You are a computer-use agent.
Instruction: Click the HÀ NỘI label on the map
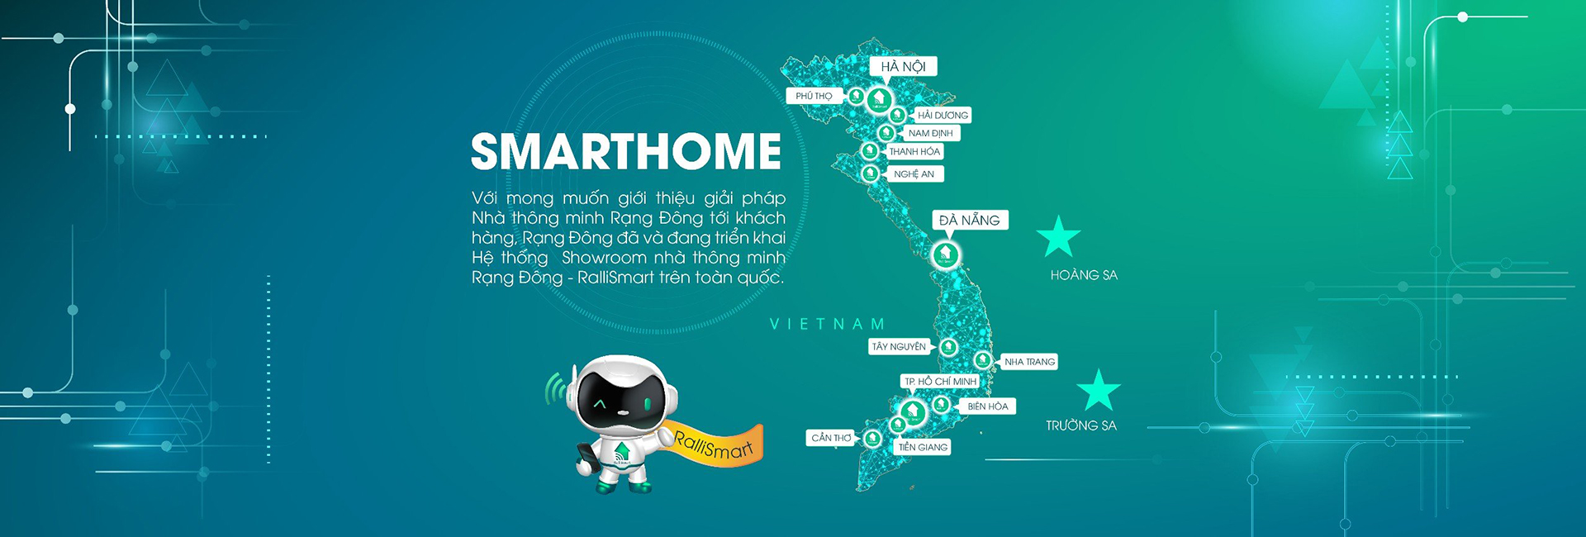[903, 66]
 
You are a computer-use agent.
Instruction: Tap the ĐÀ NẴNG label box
[970, 220]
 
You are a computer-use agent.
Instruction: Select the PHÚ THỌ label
[814, 96]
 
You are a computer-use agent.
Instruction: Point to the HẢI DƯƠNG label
[942, 115]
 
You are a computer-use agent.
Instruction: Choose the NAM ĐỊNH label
[931, 133]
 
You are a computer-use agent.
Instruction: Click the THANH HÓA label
[914, 152]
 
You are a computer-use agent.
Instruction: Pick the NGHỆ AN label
[914, 174]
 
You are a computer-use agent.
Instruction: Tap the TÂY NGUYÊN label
[899, 347]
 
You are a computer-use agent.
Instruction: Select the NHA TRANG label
[1028, 362]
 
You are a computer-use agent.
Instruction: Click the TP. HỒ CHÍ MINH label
[940, 382]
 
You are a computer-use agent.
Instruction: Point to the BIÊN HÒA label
[987, 406]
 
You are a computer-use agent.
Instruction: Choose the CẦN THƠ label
[831, 438]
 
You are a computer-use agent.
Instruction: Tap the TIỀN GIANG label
[923, 447]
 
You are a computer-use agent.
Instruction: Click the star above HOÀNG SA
[1058, 237]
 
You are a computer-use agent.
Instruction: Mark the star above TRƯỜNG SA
[1099, 391]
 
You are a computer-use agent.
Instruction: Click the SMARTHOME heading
[626, 151]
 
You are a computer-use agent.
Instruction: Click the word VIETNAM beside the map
[828, 324]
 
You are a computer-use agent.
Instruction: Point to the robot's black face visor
[624, 402]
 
